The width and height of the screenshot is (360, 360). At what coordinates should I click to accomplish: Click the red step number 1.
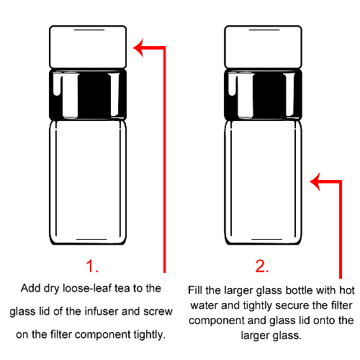92,266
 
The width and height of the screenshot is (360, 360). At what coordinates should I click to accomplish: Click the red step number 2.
262,266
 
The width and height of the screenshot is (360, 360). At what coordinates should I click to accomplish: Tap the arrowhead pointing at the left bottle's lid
138,48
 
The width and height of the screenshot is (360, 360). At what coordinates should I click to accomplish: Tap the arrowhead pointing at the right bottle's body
315,181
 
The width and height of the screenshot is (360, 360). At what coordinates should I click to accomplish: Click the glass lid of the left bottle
88,47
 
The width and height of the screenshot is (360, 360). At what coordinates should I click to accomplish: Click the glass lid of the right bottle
263,47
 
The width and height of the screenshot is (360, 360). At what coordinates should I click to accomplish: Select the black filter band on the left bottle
88,94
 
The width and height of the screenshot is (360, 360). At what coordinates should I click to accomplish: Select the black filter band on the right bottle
263,94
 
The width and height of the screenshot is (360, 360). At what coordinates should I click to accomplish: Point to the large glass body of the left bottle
88,182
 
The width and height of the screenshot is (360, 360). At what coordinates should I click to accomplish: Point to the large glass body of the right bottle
263,182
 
